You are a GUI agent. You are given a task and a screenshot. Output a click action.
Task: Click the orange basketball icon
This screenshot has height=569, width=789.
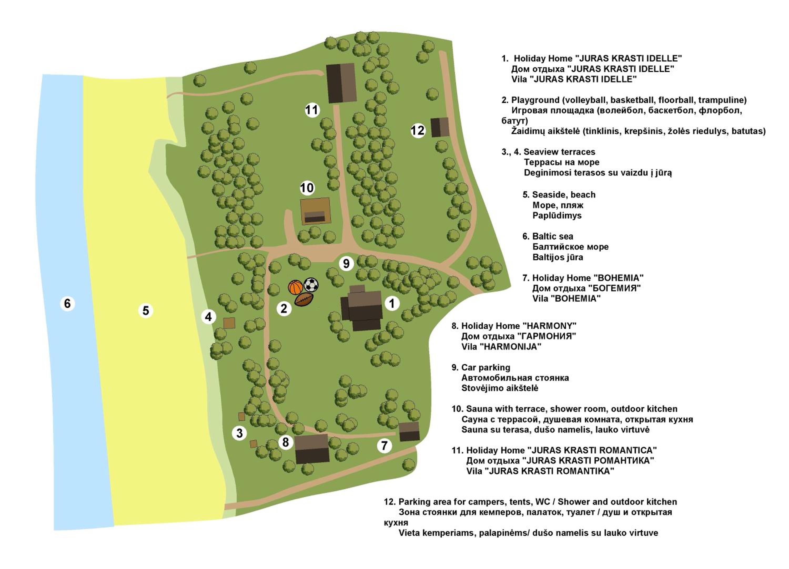click(x=295, y=287)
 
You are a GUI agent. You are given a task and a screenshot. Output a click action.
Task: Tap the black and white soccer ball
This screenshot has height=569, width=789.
click(x=311, y=285)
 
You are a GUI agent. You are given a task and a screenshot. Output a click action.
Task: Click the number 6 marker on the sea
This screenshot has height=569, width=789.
click(x=68, y=303)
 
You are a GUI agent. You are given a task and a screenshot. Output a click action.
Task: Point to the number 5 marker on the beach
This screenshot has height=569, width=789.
click(x=146, y=311)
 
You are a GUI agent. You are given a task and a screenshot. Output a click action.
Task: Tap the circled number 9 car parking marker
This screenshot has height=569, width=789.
click(x=346, y=263)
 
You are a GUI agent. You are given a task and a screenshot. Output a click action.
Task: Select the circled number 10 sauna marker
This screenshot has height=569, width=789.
click(x=307, y=188)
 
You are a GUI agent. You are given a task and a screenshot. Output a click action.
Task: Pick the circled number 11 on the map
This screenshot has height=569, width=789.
click(x=312, y=110)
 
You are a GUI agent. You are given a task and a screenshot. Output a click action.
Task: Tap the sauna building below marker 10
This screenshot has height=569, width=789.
click(x=315, y=211)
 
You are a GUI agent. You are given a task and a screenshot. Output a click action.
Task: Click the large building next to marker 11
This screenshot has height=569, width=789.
click(x=341, y=83)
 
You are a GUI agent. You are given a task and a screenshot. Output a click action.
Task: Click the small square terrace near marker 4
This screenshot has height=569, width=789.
click(x=229, y=323)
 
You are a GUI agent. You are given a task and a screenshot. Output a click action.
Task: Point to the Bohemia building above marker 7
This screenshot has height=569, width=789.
click(x=409, y=432)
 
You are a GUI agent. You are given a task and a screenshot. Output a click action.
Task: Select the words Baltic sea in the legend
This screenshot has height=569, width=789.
click(x=553, y=236)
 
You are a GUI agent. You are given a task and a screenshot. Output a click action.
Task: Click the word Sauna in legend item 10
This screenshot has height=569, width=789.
click(x=479, y=409)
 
